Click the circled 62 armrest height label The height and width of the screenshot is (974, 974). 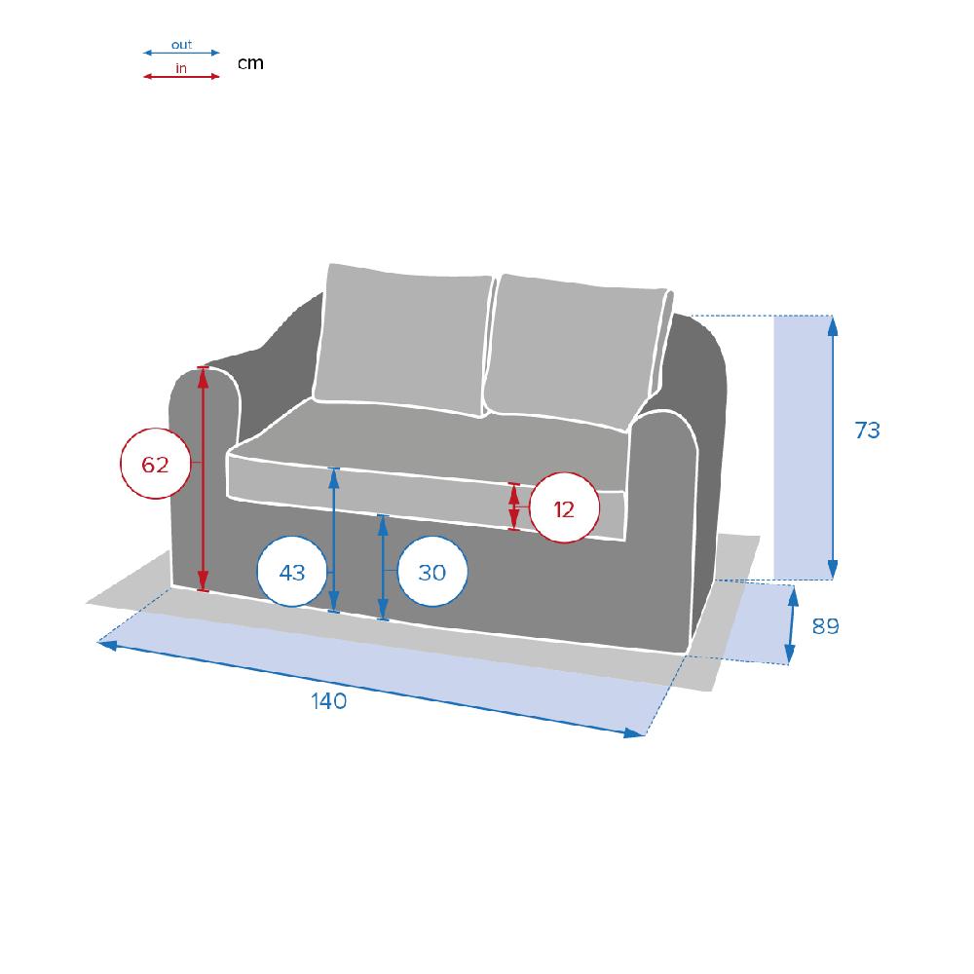pyautogui.click(x=155, y=464)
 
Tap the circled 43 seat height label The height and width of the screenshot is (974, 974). pyautogui.click(x=292, y=572)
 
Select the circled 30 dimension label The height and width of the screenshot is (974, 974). pyautogui.click(x=431, y=572)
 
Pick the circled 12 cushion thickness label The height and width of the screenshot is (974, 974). pyautogui.click(x=564, y=508)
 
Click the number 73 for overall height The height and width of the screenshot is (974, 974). pyautogui.click(x=867, y=430)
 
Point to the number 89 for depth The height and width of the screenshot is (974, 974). pyautogui.click(x=826, y=626)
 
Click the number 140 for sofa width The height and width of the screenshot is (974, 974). pyautogui.click(x=328, y=700)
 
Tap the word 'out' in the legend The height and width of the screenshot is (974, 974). pyautogui.click(x=181, y=45)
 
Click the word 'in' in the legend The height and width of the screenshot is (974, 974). pyautogui.click(x=181, y=68)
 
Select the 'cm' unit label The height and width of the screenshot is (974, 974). pyautogui.click(x=251, y=63)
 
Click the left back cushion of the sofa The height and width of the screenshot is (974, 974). pyautogui.click(x=404, y=339)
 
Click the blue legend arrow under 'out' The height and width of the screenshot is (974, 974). pyautogui.click(x=181, y=53)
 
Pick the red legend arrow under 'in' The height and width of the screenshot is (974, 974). pyautogui.click(x=181, y=76)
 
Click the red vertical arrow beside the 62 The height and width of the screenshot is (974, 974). pyautogui.click(x=203, y=479)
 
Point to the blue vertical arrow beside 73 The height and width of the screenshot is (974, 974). pyautogui.click(x=833, y=447)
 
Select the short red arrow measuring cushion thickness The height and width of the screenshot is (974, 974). pyautogui.click(x=513, y=506)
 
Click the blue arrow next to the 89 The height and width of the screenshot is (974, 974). pyautogui.click(x=791, y=625)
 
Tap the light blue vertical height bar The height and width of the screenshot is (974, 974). pyautogui.click(x=803, y=447)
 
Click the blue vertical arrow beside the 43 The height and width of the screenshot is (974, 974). pyautogui.click(x=333, y=540)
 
